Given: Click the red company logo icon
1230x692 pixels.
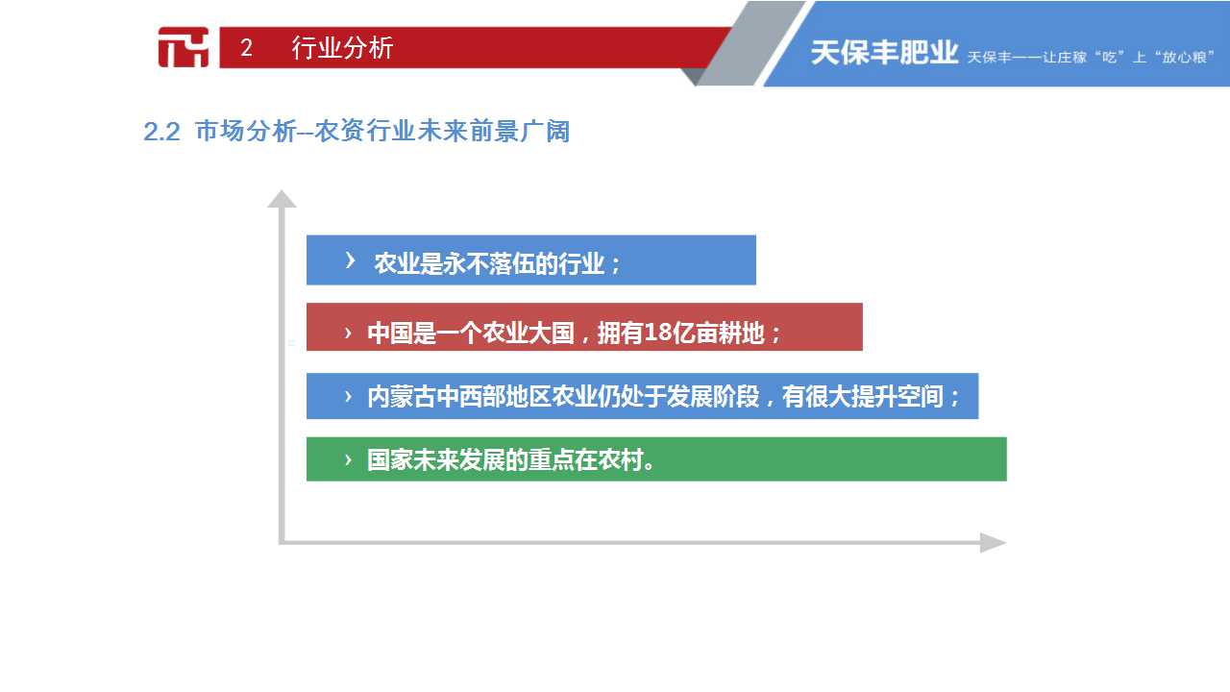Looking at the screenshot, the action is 184,47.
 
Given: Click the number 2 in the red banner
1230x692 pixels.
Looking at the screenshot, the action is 246,48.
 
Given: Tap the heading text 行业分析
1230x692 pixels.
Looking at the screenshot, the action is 342,48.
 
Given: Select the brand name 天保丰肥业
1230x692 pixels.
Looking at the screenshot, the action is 884,53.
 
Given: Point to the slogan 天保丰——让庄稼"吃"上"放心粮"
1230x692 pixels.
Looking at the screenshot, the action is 1090,57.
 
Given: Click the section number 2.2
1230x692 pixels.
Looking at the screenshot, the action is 161,132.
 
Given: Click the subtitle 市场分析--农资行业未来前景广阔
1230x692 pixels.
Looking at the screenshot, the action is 382,132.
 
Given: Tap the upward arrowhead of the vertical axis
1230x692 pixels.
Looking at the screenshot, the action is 282,199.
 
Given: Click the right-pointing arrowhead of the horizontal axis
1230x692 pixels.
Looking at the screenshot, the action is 993,543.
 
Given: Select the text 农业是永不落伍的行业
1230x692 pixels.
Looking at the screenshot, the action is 489,263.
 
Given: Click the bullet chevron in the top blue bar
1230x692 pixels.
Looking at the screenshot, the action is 350,260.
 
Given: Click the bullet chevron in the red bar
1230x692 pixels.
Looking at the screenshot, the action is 348,333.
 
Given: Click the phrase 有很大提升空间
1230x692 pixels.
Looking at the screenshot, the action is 862,397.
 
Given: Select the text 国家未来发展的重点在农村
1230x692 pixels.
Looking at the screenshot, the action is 505,459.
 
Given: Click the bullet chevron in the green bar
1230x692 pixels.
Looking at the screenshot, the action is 348,459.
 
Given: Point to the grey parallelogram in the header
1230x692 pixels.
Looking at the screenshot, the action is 752,43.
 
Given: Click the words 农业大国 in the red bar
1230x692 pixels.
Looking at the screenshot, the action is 528,333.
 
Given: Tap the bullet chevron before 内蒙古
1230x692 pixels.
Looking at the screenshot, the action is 348,397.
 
